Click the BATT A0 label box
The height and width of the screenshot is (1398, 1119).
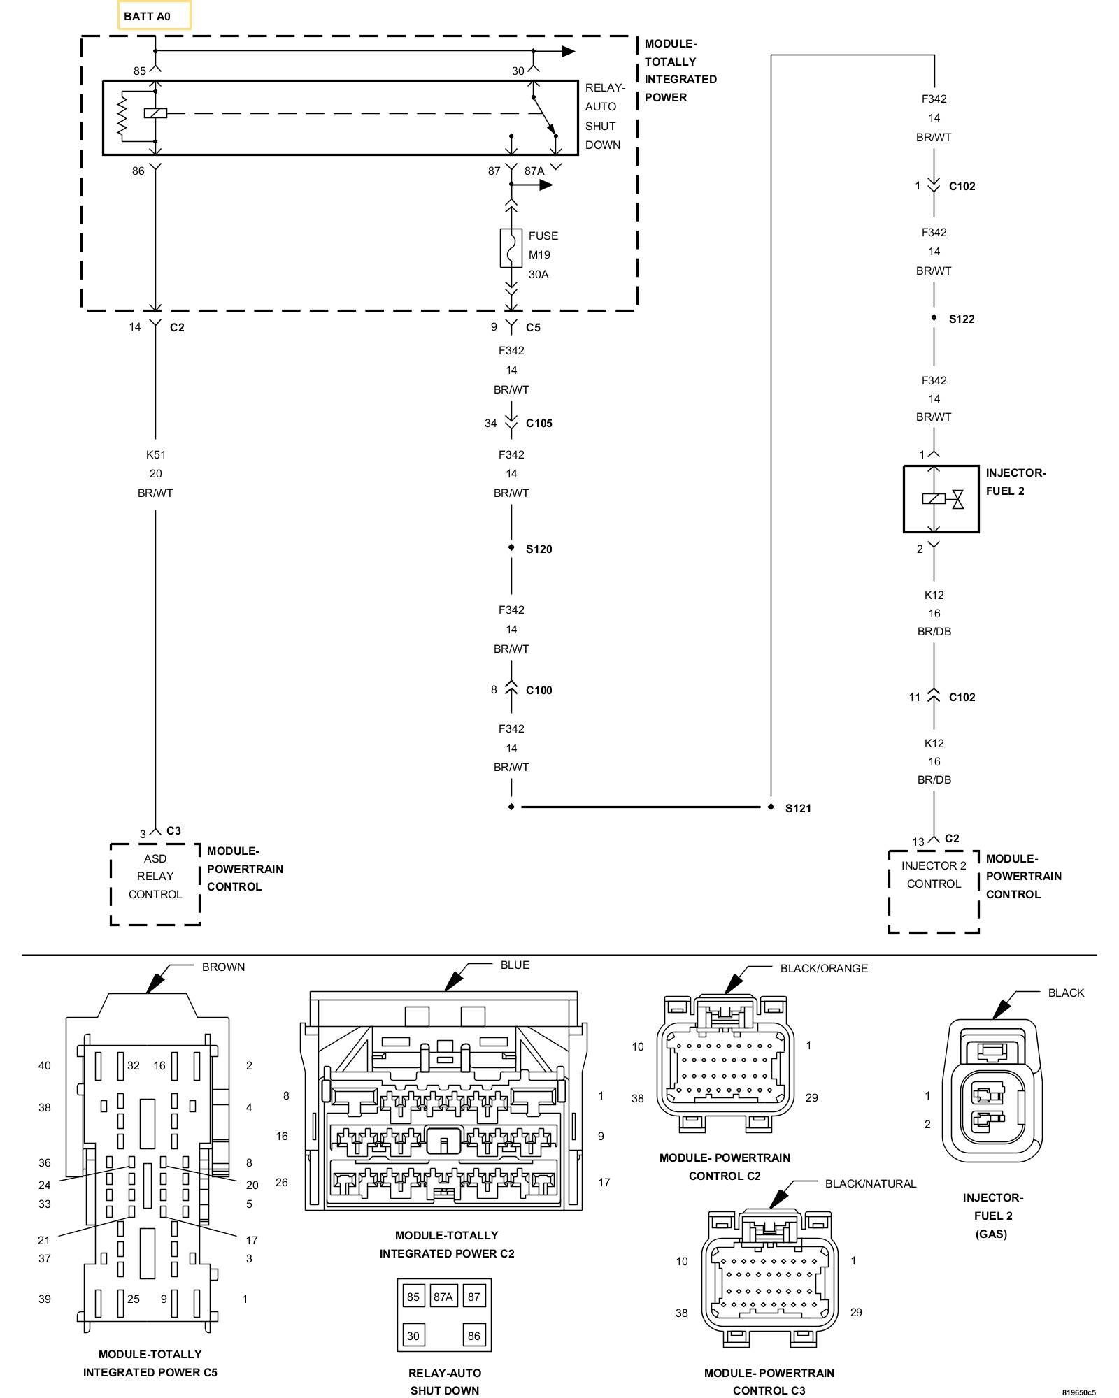154,15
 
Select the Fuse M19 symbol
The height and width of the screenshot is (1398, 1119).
511,247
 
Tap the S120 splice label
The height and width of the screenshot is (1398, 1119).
539,549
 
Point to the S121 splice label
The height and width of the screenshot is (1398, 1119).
798,808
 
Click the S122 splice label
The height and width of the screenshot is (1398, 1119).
962,319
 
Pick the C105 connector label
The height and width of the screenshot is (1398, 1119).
539,423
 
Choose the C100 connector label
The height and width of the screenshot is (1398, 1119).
539,690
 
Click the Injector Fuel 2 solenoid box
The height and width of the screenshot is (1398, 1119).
941,499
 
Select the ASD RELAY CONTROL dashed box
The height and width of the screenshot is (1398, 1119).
155,884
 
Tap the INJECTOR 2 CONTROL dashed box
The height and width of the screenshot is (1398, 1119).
934,891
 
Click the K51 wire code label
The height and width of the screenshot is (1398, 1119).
155,454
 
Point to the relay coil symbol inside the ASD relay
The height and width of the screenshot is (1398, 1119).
155,113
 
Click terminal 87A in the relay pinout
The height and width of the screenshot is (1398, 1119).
443,1297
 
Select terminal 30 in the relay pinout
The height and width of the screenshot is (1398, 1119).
413,1336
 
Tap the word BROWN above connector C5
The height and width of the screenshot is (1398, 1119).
223,967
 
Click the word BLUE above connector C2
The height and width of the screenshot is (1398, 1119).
515,965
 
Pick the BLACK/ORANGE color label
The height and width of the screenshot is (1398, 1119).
824,968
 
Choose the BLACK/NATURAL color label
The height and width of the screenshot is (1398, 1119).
870,1183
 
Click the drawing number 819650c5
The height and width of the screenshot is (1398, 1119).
1078,1392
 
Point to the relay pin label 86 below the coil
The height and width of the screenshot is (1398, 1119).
138,171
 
